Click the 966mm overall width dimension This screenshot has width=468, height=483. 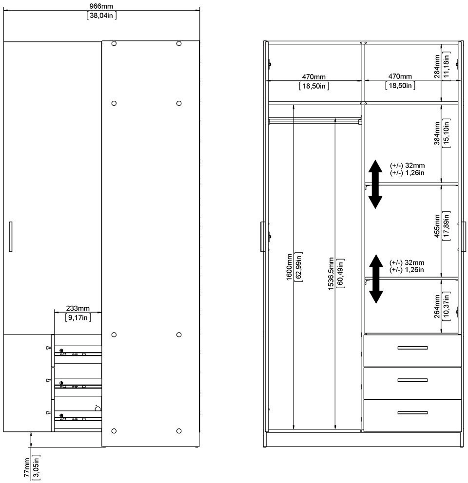click(x=101, y=5)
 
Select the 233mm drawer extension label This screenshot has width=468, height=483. click(x=78, y=308)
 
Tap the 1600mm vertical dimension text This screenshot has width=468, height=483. click(x=289, y=267)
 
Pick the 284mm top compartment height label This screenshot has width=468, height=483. click(x=437, y=66)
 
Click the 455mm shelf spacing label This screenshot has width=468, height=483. click(x=437, y=226)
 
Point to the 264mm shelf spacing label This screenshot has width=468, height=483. click(x=437, y=306)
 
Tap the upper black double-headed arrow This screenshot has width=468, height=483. click(x=375, y=184)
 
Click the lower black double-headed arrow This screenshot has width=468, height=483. click(x=375, y=279)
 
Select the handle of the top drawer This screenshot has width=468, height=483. click(x=412, y=348)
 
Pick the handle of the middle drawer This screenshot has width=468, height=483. click(x=412, y=380)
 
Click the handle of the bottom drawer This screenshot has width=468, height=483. click(x=412, y=413)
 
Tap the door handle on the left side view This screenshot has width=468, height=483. click(x=10, y=236)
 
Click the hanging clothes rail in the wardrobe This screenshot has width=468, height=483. click(x=314, y=118)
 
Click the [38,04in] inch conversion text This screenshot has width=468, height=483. click(x=101, y=15)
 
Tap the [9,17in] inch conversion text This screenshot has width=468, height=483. click(x=78, y=317)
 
